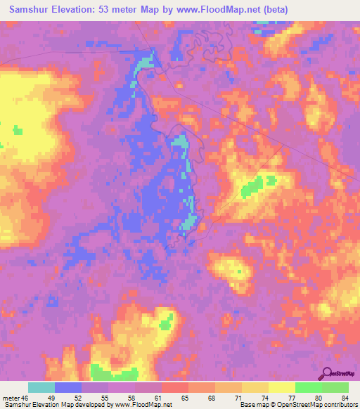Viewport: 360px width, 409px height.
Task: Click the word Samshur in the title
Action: coord(28,9)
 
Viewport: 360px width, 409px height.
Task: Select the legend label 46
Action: coord(26,398)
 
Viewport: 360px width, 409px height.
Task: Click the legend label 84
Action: coord(344,398)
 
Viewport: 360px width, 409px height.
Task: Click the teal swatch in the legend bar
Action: coord(41,387)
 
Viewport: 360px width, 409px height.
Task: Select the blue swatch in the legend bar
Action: coord(68,387)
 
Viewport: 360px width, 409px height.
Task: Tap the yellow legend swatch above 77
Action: coord(282,387)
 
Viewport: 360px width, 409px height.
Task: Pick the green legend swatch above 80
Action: coord(309,387)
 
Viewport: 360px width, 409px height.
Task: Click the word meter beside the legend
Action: coord(11,398)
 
